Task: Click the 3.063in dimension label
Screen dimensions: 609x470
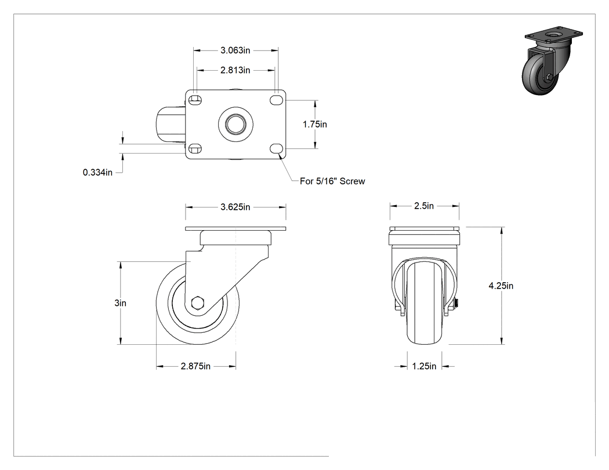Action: tap(235, 50)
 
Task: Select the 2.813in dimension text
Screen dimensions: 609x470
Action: tap(235, 70)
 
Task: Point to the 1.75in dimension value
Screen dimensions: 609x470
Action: tap(314, 124)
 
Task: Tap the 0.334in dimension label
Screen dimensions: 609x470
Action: tap(97, 172)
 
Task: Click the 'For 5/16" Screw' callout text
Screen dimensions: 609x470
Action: tap(332, 181)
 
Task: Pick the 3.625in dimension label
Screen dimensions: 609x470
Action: tap(235, 207)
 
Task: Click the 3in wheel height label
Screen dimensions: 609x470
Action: tap(121, 303)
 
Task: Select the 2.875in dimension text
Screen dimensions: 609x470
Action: tap(195, 366)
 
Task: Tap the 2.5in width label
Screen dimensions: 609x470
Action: tap(424, 206)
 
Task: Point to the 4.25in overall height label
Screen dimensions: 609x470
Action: tap(501, 286)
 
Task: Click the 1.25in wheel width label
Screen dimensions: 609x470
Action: tap(424, 366)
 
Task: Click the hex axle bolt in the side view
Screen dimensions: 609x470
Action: tap(198, 303)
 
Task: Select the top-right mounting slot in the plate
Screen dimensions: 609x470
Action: tap(276, 100)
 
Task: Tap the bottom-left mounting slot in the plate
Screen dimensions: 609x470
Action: tap(195, 148)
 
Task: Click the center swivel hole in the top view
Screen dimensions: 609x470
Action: tap(235, 125)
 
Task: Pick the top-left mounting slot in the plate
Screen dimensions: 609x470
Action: tap(195, 100)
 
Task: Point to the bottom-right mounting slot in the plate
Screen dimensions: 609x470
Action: tap(276, 148)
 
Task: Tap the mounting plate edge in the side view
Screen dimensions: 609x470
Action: tap(235, 229)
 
